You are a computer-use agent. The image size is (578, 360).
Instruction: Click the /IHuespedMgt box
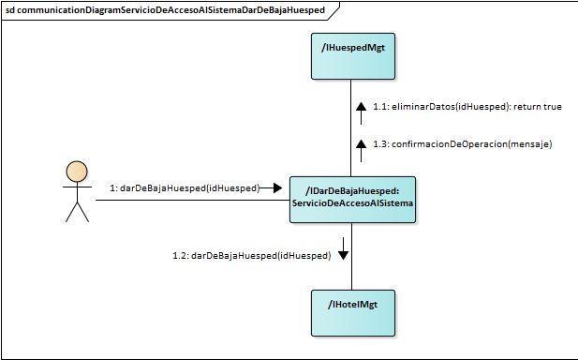(352, 56)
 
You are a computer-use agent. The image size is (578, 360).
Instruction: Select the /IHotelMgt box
(352, 312)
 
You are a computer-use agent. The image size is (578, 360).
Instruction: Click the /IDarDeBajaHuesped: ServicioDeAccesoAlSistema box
(352, 199)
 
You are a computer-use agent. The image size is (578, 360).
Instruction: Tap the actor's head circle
(76, 172)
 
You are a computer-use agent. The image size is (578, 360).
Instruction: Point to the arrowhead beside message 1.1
(360, 107)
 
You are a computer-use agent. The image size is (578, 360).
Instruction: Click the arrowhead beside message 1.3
(360, 143)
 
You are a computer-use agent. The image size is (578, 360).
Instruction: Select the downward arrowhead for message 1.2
(343, 253)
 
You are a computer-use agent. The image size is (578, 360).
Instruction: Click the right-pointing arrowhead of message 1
(276, 188)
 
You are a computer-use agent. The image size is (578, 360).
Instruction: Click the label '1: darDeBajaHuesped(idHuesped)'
(184, 188)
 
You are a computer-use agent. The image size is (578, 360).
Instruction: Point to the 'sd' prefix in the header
(10, 8)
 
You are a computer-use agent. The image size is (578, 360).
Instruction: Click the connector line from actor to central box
(187, 200)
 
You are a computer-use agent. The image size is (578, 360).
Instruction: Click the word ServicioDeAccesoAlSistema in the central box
(352, 204)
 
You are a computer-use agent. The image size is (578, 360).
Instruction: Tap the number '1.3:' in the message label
(380, 144)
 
